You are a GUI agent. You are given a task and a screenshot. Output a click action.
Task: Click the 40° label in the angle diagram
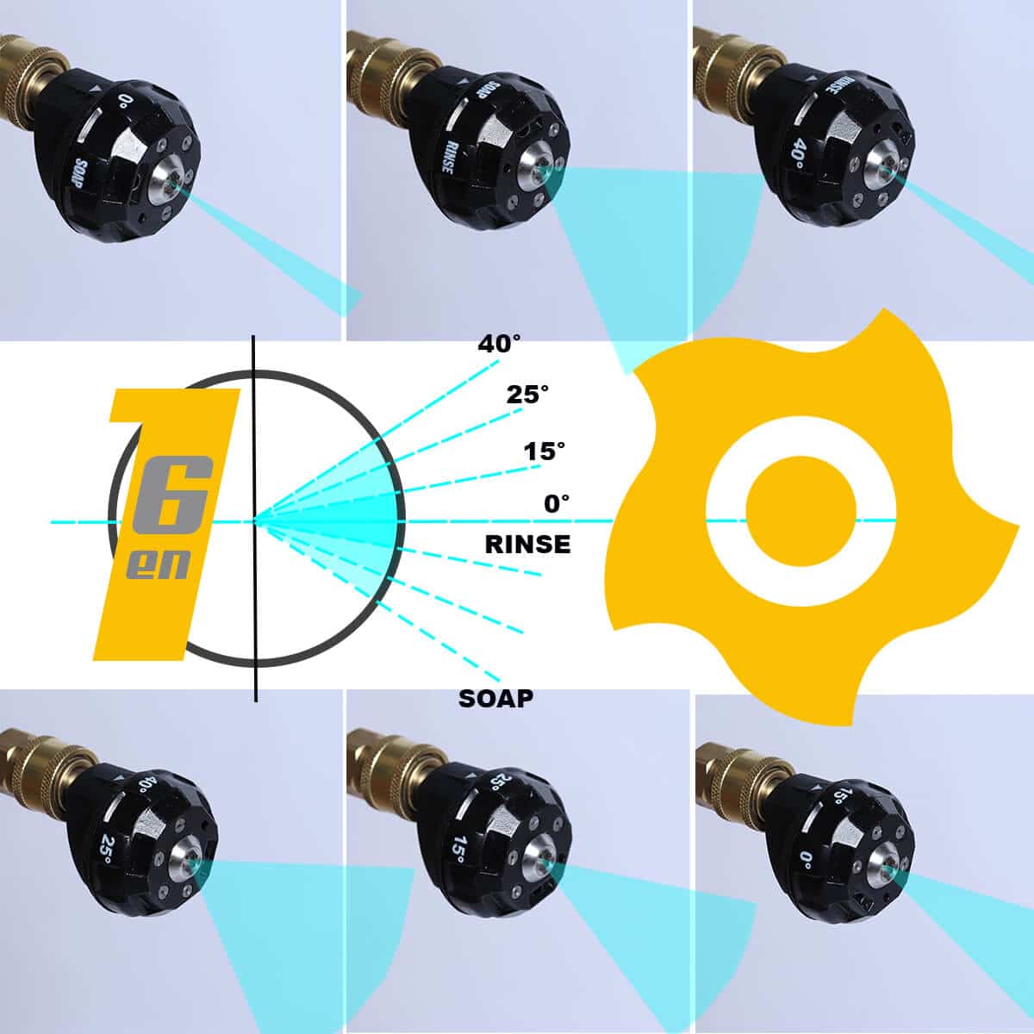coord(499,344)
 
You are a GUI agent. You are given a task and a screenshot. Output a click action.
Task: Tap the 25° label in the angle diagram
coord(528,395)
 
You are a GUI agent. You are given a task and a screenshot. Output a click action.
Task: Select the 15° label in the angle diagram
coord(545,452)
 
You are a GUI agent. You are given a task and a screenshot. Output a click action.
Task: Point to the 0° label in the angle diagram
coord(557,504)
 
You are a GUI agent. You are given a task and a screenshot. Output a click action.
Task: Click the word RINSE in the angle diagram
coord(527,544)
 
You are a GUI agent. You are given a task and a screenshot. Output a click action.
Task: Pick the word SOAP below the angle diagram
coord(495,698)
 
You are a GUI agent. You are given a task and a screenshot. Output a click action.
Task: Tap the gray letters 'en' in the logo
coord(158,565)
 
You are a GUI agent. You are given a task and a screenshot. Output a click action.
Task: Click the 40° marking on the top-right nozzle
coord(800,153)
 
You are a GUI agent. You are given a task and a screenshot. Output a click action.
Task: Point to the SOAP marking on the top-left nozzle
coord(80,173)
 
